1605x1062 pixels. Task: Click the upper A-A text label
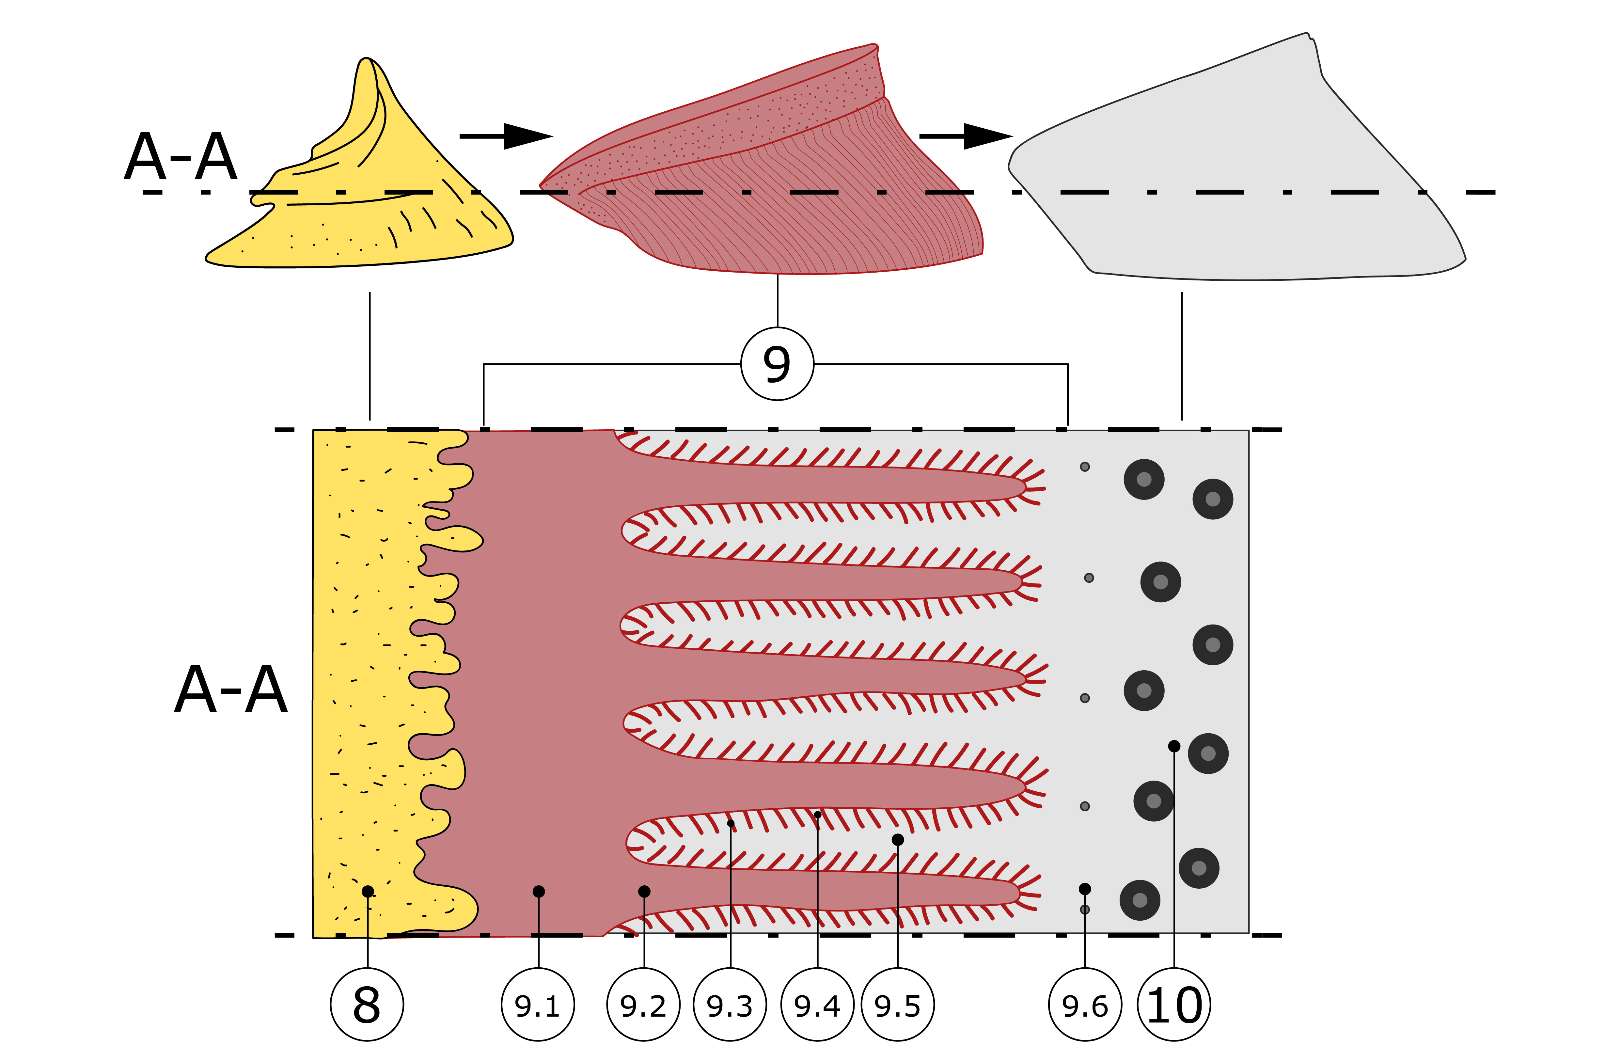pyautogui.click(x=181, y=158)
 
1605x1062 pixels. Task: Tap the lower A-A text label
pyautogui.click(x=231, y=690)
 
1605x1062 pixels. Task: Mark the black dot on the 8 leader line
pyautogui.click(x=368, y=891)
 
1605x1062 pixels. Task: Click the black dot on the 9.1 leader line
pyautogui.click(x=538, y=891)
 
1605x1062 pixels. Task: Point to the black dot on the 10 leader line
pyautogui.click(x=1174, y=746)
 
